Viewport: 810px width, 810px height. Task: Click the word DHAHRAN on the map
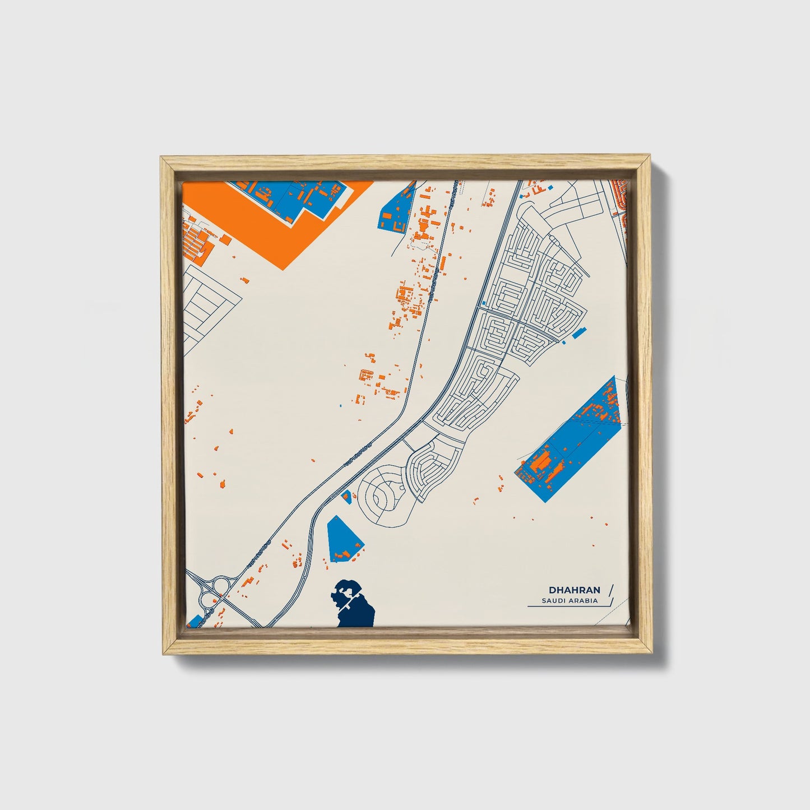[x=575, y=590]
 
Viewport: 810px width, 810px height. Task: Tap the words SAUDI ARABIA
[x=570, y=601]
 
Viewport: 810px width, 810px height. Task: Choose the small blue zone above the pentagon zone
[x=346, y=496]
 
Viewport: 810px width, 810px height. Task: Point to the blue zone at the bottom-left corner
[x=195, y=622]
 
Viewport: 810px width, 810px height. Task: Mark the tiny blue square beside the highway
[x=341, y=405]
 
